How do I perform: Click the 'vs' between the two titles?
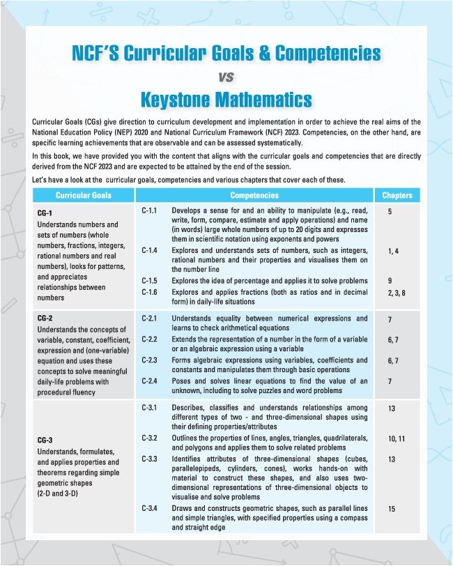pyautogui.click(x=226, y=76)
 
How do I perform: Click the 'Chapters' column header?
pyautogui.click(x=397, y=196)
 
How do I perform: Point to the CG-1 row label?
pyautogui.click(x=44, y=212)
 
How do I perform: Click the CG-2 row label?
pyautogui.click(x=44, y=317)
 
